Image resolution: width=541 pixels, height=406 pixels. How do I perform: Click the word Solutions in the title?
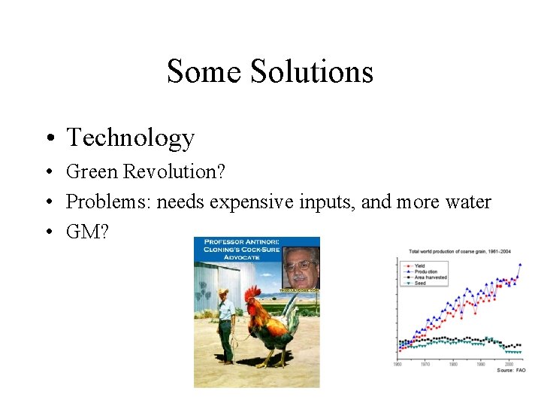pyautogui.click(x=311, y=71)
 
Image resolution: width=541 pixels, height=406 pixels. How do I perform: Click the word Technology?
pyautogui.click(x=130, y=138)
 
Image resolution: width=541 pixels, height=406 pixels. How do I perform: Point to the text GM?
pyautogui.click(x=87, y=232)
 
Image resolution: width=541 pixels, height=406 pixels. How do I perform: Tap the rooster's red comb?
pyautogui.click(x=252, y=292)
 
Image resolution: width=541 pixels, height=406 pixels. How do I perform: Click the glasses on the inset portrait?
pyautogui.click(x=300, y=265)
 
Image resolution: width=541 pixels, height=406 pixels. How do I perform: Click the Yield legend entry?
pyautogui.click(x=419, y=265)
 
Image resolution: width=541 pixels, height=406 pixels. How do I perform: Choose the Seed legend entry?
pyautogui.click(x=419, y=283)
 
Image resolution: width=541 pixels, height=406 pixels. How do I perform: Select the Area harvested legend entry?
pyautogui.click(x=431, y=277)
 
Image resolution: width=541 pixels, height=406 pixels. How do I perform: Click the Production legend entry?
pyautogui.click(x=425, y=271)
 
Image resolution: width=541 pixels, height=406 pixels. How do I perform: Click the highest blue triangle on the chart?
pyautogui.click(x=519, y=264)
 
